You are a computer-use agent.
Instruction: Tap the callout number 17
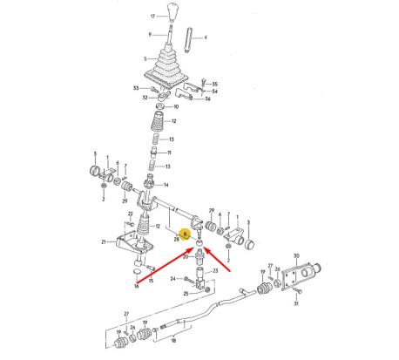(x=153, y=17)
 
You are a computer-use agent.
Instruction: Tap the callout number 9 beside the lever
(x=150, y=35)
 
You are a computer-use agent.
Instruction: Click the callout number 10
(x=176, y=106)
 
